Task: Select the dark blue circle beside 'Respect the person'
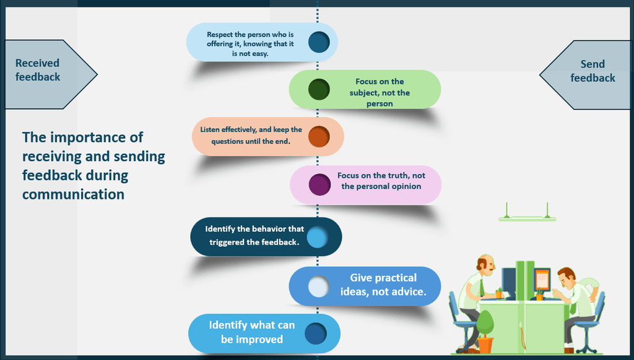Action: (x=319, y=42)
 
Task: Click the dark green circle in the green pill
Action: (x=319, y=89)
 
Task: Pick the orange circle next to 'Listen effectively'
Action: (x=319, y=136)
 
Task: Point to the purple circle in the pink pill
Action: (x=320, y=185)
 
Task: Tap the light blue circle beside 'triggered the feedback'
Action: (x=317, y=237)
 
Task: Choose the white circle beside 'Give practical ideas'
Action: (x=319, y=286)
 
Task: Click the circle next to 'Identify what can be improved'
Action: (x=316, y=333)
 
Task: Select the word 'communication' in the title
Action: (x=73, y=194)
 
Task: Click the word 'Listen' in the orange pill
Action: (x=210, y=130)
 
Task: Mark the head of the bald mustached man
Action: (x=485, y=265)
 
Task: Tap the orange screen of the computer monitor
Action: (x=542, y=279)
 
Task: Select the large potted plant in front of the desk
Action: (x=485, y=331)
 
